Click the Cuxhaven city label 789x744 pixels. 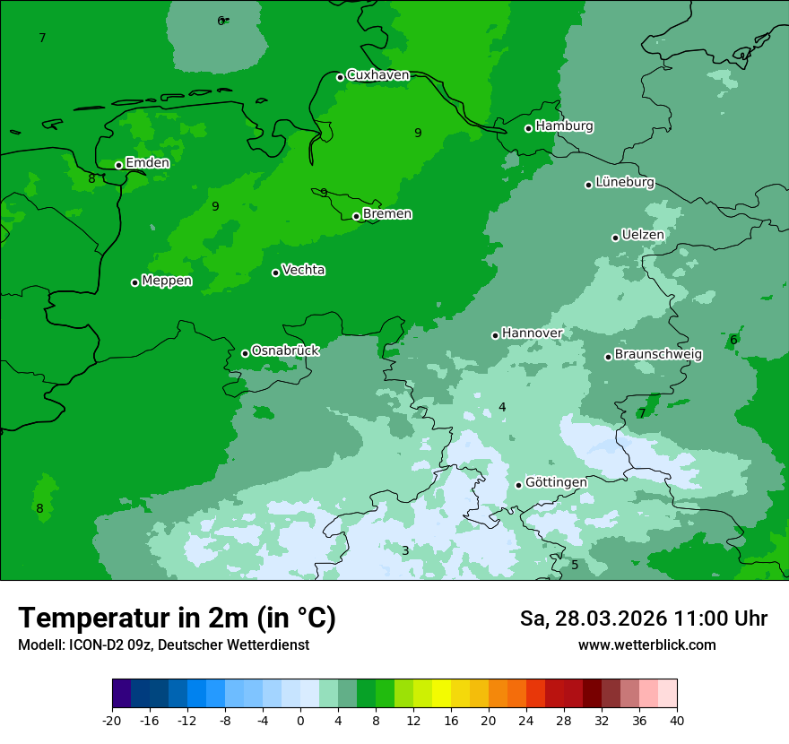click(x=377, y=75)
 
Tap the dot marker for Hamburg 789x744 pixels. click(x=529, y=128)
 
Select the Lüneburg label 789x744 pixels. click(x=625, y=182)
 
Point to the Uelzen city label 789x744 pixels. click(x=643, y=235)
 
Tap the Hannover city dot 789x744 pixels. click(x=495, y=335)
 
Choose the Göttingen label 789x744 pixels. click(x=556, y=482)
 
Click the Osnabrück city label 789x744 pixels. click(x=285, y=350)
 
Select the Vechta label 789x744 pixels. click(x=303, y=270)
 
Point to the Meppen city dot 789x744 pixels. click(x=134, y=282)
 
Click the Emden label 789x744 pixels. click(x=147, y=162)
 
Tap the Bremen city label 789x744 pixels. click(x=387, y=213)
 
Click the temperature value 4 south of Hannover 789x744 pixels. click(x=502, y=407)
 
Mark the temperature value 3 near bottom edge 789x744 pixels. click(x=405, y=550)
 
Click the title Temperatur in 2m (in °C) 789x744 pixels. click(x=177, y=618)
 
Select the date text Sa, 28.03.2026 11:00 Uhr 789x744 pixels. click(x=643, y=619)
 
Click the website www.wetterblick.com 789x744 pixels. click(x=646, y=645)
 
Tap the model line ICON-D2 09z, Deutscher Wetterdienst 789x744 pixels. click(x=163, y=645)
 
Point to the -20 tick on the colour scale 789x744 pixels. click(x=112, y=720)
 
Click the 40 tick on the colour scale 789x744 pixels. click(x=677, y=720)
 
